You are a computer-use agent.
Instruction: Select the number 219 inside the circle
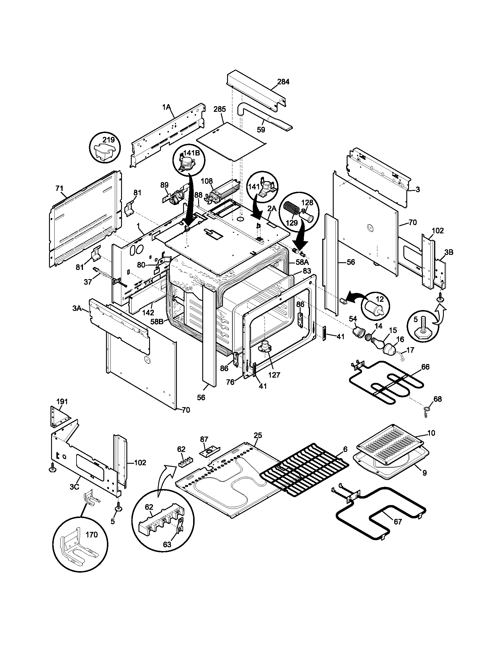109,140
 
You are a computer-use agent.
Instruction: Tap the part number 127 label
274,375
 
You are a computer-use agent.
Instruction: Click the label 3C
75,487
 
